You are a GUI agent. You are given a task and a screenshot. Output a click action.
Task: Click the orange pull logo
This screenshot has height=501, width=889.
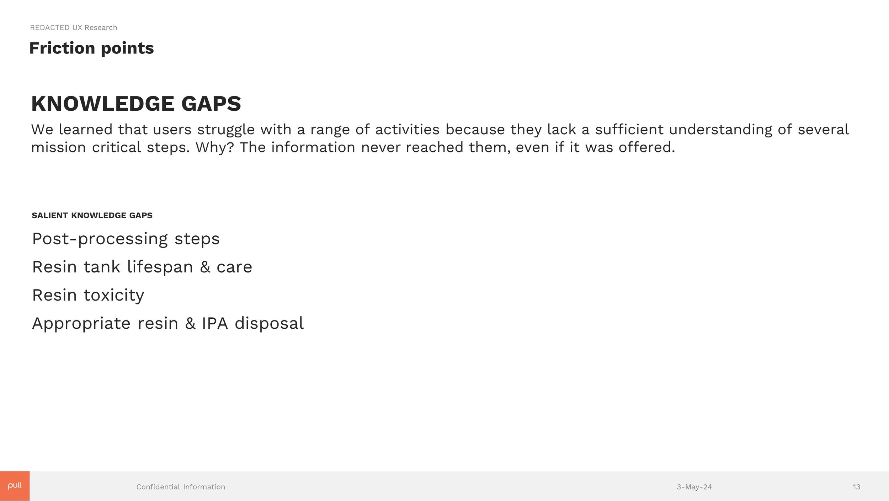point(15,486)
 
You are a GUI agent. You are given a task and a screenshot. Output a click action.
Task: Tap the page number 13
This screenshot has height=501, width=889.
point(856,487)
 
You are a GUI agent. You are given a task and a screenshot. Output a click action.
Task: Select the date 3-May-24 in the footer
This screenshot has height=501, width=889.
point(694,487)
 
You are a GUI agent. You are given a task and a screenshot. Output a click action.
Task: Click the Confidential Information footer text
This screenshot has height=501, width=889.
point(181,487)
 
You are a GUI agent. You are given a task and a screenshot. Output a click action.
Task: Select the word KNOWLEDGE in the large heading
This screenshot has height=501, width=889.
point(102,104)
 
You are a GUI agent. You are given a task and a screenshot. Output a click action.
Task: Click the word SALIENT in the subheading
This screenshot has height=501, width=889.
point(49,215)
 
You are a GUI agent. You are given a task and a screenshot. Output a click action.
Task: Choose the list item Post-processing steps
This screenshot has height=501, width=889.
point(126,239)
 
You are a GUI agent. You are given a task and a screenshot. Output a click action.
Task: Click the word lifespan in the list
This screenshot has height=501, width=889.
point(160,267)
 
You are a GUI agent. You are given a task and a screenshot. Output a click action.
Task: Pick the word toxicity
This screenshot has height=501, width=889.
point(114,296)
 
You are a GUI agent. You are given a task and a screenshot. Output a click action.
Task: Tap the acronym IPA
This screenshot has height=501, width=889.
point(215,323)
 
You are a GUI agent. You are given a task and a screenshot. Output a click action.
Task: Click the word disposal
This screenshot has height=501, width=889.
point(269,323)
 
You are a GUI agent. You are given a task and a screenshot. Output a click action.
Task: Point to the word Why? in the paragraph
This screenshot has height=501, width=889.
point(215,147)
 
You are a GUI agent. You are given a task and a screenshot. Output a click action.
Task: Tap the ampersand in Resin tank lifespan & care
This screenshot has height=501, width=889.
point(205,267)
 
